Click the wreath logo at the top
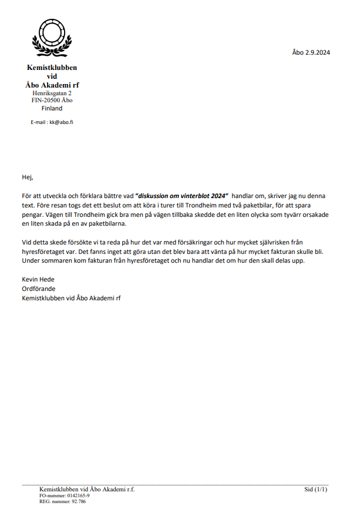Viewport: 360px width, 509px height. pyautogui.click(x=52, y=36)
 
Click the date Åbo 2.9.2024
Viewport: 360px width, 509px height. pyautogui.click(x=311, y=52)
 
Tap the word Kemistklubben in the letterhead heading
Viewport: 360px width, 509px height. pyautogui.click(x=52, y=68)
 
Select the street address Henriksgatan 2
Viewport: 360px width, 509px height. pyautogui.click(x=52, y=93)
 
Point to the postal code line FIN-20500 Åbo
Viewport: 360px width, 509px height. pyautogui.click(x=52, y=101)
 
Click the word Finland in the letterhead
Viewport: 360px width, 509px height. pyautogui.click(x=52, y=108)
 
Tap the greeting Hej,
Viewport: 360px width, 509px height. pyautogui.click(x=28, y=177)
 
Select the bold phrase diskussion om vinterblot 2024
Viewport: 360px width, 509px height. pyautogui.click(x=181, y=196)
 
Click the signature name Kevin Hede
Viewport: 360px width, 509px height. pyautogui.click(x=38, y=280)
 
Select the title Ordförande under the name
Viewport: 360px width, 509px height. pyautogui.click(x=38, y=289)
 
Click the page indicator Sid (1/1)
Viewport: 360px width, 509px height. pyautogui.click(x=316, y=489)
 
